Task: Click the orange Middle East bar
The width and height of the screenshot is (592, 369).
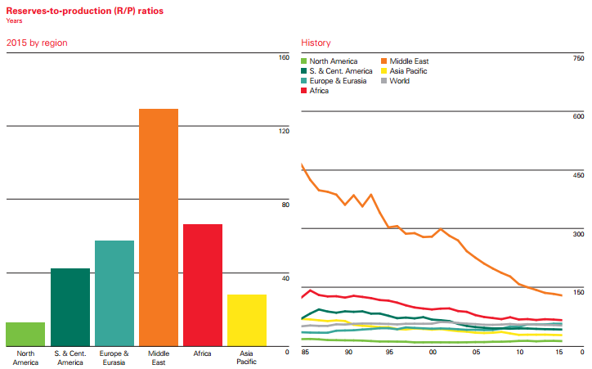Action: (159, 227)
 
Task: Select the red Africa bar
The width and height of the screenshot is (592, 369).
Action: (203, 285)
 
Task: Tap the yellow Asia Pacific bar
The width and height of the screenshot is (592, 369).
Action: (247, 320)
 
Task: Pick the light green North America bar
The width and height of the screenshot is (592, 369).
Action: (25, 334)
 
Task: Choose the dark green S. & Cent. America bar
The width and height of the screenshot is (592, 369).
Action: (70, 307)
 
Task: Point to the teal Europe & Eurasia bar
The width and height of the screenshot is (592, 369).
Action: (114, 293)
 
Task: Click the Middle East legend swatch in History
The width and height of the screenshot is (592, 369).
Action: (385, 61)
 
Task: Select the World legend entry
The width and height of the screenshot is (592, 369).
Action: (400, 81)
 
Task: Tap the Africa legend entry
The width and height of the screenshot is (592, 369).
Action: (319, 91)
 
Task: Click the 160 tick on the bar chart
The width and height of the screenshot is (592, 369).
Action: (285, 57)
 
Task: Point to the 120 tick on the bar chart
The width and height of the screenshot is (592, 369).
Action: (285, 131)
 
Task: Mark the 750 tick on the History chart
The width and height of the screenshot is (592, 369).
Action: (578, 58)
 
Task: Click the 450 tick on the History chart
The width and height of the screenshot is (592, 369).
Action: (578, 175)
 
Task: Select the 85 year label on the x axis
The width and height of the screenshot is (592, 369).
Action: (305, 353)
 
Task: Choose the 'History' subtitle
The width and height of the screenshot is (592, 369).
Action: (316, 42)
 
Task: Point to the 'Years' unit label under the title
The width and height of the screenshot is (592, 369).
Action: (15, 20)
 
